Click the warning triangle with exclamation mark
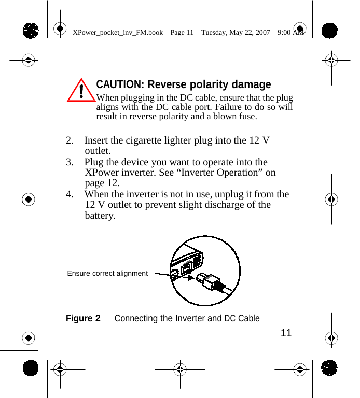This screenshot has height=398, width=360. pos(81,91)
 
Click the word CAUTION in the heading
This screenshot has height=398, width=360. pos(120,84)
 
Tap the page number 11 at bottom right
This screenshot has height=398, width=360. pos(286,333)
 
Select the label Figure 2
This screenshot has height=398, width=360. pos(83,318)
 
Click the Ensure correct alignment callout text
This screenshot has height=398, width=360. pos(107,273)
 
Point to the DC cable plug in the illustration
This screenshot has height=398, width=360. pos(210,281)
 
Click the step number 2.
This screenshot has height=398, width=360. pos(70,141)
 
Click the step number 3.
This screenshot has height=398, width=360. pos(70,162)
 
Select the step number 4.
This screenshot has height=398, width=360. pos(70,194)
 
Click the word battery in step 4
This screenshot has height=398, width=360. pos(100,215)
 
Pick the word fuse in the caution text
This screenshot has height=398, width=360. pos(246,116)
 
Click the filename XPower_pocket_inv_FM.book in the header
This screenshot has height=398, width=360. pos(118,32)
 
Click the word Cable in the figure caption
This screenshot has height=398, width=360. pos(248,318)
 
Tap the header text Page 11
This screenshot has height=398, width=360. pos(182,32)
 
